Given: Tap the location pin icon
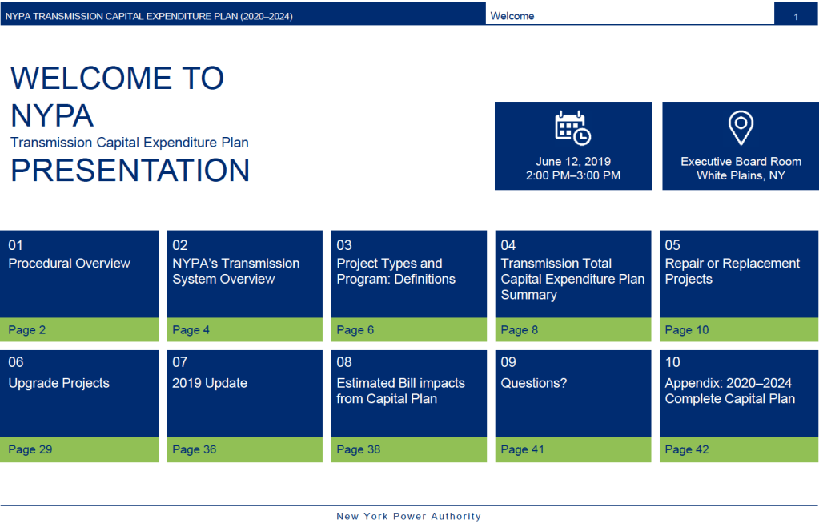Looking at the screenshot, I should pyautogui.click(x=741, y=127).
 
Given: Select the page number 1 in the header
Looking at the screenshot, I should pyautogui.click(x=796, y=16).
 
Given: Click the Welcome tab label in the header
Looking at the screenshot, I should pyautogui.click(x=512, y=16).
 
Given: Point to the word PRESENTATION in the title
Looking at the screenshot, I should pyautogui.click(x=130, y=171).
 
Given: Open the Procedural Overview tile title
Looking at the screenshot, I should pyautogui.click(x=69, y=264).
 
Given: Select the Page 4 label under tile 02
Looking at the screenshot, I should pyautogui.click(x=191, y=330).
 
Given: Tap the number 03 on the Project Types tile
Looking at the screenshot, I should pyautogui.click(x=344, y=245).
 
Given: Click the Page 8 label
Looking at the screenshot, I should pyautogui.click(x=519, y=330).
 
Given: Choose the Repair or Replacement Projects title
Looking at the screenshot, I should pyautogui.click(x=732, y=272).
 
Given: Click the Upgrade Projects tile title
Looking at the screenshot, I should pyautogui.click(x=58, y=383).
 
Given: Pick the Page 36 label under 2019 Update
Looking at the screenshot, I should pyautogui.click(x=194, y=449).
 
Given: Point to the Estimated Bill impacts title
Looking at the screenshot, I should pyautogui.click(x=400, y=391).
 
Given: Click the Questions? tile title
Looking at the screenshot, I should pyautogui.click(x=533, y=383).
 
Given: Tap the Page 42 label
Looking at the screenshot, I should pyautogui.click(x=687, y=449).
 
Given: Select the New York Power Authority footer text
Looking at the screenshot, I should pyautogui.click(x=408, y=517).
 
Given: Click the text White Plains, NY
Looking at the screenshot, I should pyautogui.click(x=741, y=175).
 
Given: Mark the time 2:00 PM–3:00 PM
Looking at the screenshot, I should pyautogui.click(x=572, y=175).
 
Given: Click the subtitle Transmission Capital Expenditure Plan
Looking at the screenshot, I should pyautogui.click(x=130, y=143).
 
